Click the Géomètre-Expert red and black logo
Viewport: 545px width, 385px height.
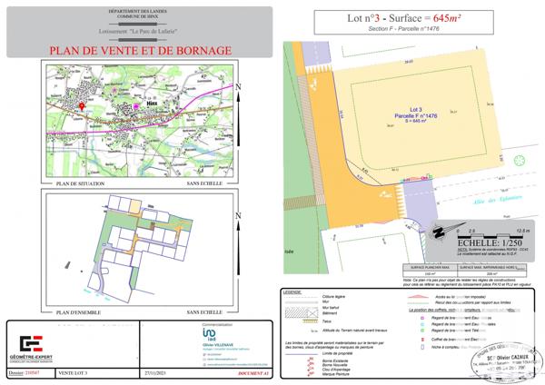click(33, 343)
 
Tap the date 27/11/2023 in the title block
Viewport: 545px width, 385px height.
click(156, 372)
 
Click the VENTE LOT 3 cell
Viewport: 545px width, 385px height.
click(72, 372)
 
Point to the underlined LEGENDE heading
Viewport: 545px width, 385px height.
click(292, 292)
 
